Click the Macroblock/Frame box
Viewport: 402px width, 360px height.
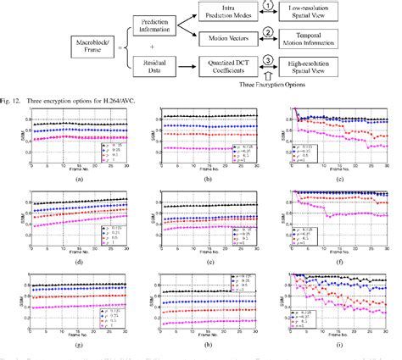coord(92,40)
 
